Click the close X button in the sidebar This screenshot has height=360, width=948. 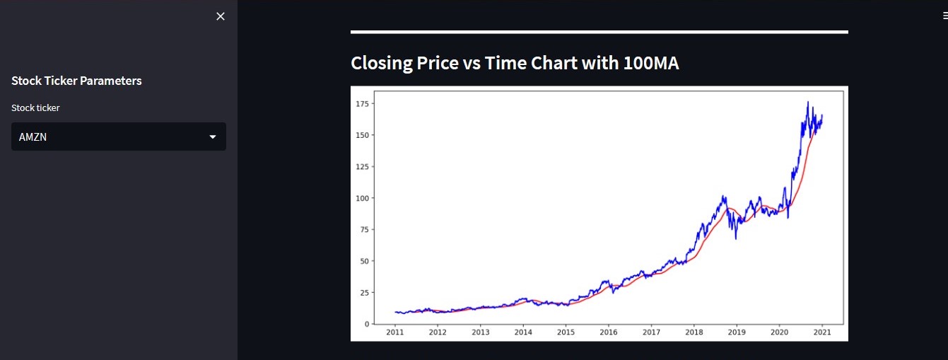pos(221,16)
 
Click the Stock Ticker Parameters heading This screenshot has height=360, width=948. pos(76,81)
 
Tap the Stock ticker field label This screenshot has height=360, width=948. pos(35,108)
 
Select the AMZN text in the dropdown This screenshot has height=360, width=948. pos(33,137)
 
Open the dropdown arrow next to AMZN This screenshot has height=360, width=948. pos(213,137)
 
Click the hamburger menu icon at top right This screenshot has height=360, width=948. pos(944,16)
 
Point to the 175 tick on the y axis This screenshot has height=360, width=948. pos(362,104)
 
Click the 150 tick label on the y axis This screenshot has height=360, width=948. pos(362,135)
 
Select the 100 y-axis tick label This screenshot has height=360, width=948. pos(362,198)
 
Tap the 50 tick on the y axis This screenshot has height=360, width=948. pos(364,261)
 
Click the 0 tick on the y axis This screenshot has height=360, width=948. pos(366,324)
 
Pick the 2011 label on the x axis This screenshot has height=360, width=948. pos(394,332)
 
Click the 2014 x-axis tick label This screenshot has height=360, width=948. pos(523,332)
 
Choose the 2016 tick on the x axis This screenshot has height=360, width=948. pos(609,332)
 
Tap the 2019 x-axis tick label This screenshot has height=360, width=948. pos(737,332)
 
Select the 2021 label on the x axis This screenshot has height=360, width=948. pos(822,332)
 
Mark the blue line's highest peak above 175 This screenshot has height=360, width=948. pos(808,103)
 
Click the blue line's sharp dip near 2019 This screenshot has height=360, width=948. pos(735,238)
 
